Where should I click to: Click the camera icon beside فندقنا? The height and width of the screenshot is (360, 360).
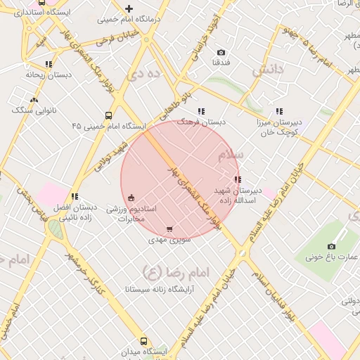[x=221, y=52]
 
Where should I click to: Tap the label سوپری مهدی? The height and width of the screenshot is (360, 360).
[x=169, y=240]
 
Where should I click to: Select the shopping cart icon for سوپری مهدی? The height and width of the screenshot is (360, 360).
[x=169, y=229]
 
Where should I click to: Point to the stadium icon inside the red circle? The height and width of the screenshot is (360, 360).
[x=131, y=198]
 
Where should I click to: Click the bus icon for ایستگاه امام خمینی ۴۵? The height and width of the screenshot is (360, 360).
[x=108, y=115]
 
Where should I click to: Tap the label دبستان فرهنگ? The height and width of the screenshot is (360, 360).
[x=201, y=122]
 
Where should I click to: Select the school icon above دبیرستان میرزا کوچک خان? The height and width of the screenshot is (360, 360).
[x=279, y=111]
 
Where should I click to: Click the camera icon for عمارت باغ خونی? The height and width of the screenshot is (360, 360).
[x=332, y=246]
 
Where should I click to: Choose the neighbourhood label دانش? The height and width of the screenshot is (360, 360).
[x=271, y=70]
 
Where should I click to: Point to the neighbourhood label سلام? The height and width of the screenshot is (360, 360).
[x=231, y=154]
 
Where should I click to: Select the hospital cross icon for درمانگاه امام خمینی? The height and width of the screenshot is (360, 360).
[x=129, y=9]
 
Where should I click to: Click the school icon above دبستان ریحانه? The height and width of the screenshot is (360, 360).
[x=49, y=64]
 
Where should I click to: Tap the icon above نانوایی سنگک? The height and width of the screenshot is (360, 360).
[x=33, y=99]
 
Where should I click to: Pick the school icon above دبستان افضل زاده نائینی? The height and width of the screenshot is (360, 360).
[x=75, y=197]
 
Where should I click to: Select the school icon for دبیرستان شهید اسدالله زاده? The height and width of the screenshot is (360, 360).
[x=237, y=180]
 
